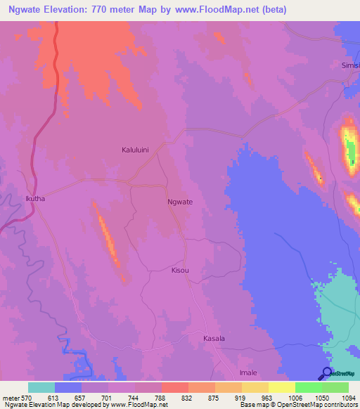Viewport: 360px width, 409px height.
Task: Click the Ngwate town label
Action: tap(180, 202)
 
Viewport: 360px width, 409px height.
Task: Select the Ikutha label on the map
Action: tap(35, 199)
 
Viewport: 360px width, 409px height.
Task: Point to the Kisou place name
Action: tap(181, 270)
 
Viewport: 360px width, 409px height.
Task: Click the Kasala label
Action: tap(214, 339)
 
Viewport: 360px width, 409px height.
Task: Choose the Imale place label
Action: tap(248, 372)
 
